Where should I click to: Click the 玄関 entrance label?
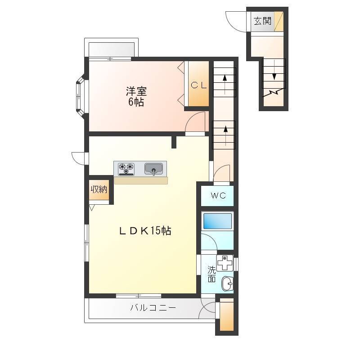coord(262,21)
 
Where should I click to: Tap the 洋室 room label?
coord(136,91)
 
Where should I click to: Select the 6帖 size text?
coord(136,102)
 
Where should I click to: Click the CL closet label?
coord(198,85)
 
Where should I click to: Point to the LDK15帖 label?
coord(145,230)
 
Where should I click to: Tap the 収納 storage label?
coord(99,189)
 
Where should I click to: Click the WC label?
coord(218,196)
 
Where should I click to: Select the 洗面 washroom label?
coord(211,274)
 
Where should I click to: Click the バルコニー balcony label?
coord(153,307)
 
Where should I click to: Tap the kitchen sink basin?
coord(153,169)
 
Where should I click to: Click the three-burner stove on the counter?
coord(126,169)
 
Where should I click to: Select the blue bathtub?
coord(217,221)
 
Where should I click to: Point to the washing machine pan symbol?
coord(225,263)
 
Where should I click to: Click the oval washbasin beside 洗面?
coord(227,283)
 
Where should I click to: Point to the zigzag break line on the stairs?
coord(274,93)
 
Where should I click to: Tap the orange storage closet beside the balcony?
coord(227,316)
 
